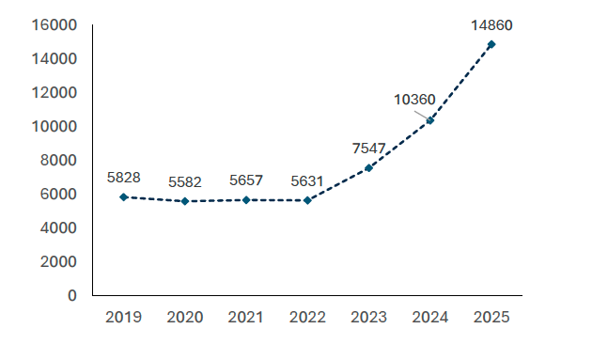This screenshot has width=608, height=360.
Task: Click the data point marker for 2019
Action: (x=123, y=196)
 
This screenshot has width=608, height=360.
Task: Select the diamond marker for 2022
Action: (x=307, y=200)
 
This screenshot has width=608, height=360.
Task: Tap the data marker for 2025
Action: (x=491, y=44)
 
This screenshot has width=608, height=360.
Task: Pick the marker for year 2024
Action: (x=430, y=120)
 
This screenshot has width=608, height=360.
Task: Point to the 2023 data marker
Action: (x=368, y=167)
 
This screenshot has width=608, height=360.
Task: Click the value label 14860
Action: (x=491, y=24)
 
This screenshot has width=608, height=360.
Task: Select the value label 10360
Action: (x=413, y=99)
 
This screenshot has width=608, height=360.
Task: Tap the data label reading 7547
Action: (x=367, y=148)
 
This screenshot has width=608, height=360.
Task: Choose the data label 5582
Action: (x=184, y=181)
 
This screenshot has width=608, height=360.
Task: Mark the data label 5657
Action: (x=246, y=180)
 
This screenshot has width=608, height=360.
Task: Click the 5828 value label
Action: (x=123, y=177)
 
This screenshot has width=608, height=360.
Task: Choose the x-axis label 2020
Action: (x=184, y=318)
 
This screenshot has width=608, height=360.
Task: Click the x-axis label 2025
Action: (x=491, y=318)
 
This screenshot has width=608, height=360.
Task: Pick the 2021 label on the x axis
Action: (x=246, y=318)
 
